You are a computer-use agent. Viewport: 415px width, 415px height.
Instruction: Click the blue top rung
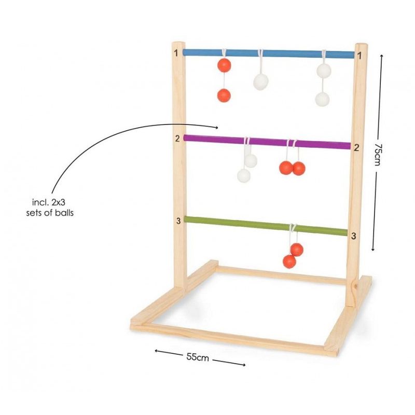(269, 53)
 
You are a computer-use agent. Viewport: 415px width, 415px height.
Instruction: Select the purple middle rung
(267, 142)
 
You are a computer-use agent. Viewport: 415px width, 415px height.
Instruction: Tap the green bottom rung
(266, 226)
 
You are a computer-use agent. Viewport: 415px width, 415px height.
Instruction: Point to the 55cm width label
(198, 357)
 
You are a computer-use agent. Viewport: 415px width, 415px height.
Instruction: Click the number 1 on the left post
(176, 53)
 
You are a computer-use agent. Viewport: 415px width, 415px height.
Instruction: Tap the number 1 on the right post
(359, 56)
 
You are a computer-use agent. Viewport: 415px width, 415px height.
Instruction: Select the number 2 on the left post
(177, 139)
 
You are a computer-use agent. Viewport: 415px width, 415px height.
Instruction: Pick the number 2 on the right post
(356, 148)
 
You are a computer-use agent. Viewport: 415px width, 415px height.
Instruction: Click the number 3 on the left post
(178, 221)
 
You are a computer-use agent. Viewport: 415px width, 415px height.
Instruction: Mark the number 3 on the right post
(354, 236)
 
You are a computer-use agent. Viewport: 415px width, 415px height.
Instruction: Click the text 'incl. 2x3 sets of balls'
(49, 208)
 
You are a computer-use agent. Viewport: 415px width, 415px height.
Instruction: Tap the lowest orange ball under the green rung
(289, 261)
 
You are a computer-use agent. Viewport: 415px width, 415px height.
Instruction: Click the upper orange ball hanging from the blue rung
(224, 65)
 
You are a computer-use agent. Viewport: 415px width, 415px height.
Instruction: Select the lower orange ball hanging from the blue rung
(224, 95)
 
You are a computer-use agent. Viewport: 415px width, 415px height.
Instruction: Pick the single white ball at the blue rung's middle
(261, 82)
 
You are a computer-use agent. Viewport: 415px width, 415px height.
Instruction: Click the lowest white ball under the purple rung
(244, 175)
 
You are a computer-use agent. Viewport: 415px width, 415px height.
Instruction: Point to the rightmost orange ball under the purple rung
(299, 168)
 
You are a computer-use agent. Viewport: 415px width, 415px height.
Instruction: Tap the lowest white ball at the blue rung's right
(322, 99)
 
